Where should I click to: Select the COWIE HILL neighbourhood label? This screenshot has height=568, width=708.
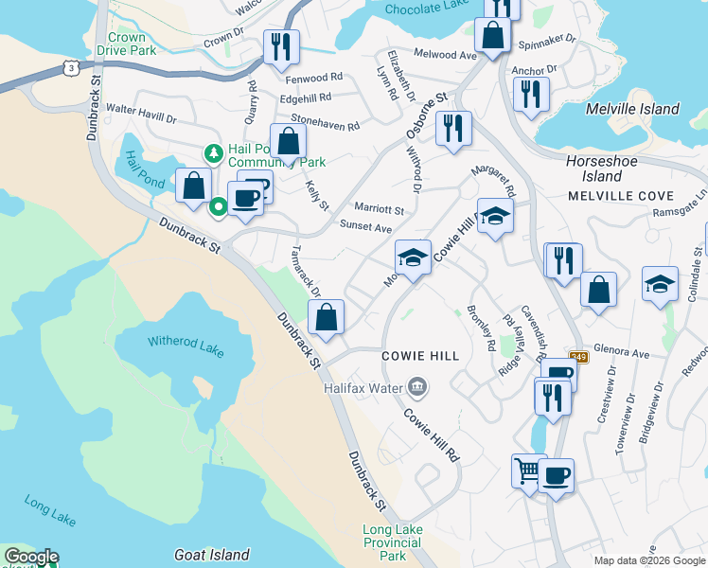[x=420, y=356]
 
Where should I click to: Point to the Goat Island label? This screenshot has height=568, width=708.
[x=212, y=555]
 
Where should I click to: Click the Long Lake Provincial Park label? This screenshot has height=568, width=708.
[x=392, y=543]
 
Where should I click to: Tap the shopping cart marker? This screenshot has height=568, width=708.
[x=528, y=470]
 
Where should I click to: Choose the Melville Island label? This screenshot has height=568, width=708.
[x=632, y=109]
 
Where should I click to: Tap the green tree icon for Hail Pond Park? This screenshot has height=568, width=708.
[x=215, y=152]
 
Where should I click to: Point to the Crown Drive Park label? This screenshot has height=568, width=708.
[x=126, y=44]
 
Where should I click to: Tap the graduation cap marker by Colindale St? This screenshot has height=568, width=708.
[x=661, y=284]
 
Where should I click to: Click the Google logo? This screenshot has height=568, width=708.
[x=31, y=558]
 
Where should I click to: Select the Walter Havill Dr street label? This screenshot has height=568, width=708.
[x=141, y=115]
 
